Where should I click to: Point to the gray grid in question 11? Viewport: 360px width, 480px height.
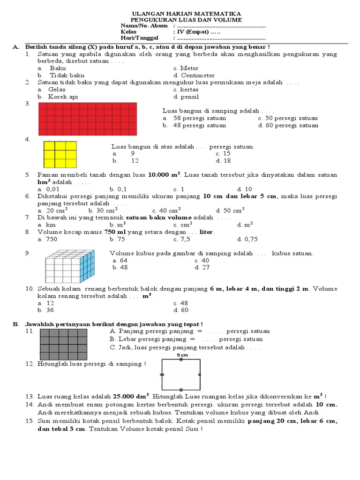pos(64,343)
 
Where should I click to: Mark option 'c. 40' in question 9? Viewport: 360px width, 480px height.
pos(202,260)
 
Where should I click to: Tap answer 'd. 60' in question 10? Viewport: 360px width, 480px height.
pos(181,310)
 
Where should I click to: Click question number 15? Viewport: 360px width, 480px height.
pos(29,421)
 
